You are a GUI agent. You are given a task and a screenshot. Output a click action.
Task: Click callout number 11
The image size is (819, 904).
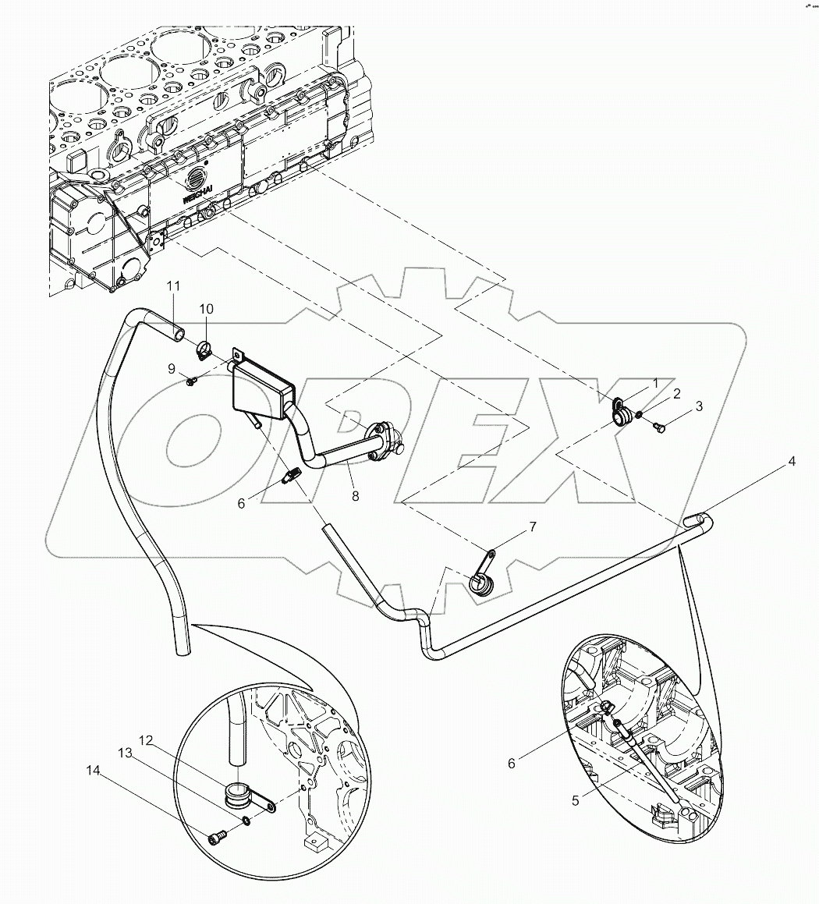tap(172, 286)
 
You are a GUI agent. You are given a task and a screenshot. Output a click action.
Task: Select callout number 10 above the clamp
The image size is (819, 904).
tap(205, 310)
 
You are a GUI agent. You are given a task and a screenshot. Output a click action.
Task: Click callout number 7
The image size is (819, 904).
tap(533, 527)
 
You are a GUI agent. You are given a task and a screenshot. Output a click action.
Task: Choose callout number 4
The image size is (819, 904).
tap(792, 461)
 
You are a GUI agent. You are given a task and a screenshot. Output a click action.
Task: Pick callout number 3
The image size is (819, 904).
tap(699, 406)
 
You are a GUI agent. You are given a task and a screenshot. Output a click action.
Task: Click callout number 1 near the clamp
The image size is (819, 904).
tap(656, 383)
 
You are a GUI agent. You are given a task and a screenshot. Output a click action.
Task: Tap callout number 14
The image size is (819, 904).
tap(93, 770)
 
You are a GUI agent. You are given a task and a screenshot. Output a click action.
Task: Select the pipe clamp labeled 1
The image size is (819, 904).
tap(620, 412)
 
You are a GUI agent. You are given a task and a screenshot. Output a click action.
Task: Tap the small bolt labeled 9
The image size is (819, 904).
tap(190, 380)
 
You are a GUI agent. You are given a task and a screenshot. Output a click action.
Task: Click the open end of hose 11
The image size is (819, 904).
tap(180, 335)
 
